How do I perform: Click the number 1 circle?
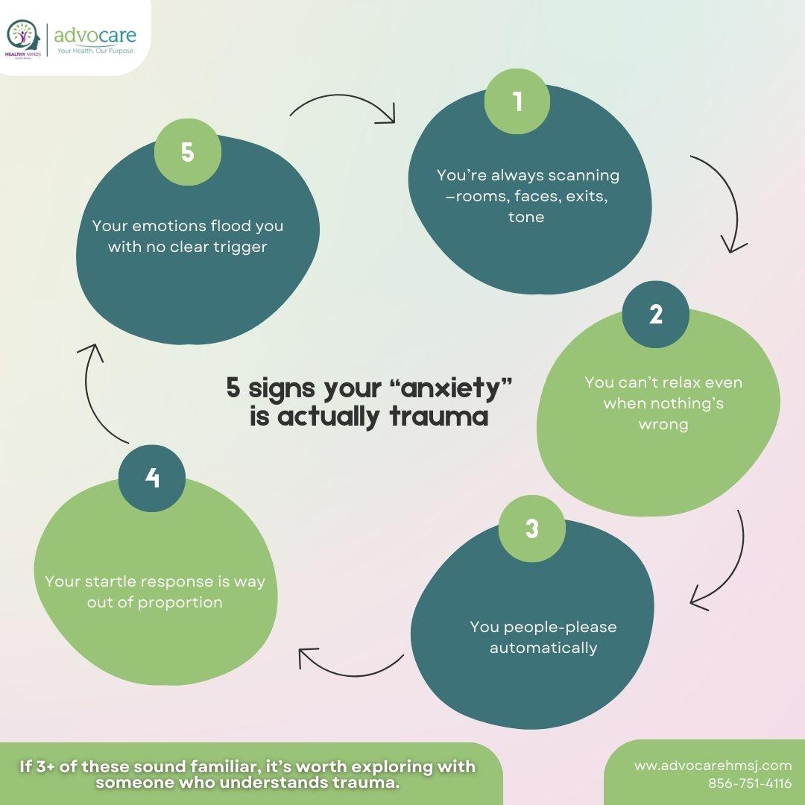pyautogui.click(x=517, y=101)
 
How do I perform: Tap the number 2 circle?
pyautogui.click(x=655, y=315)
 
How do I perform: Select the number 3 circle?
pyautogui.click(x=531, y=528)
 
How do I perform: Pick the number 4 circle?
pyautogui.click(x=152, y=478)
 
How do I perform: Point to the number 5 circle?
pyautogui.click(x=187, y=152)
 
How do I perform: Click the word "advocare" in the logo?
pyautogui.click(x=95, y=34)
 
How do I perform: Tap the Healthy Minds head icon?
pyautogui.click(x=23, y=37)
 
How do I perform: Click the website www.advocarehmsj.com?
pyautogui.click(x=713, y=765)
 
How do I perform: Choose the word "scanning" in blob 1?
pyautogui.click(x=584, y=176)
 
